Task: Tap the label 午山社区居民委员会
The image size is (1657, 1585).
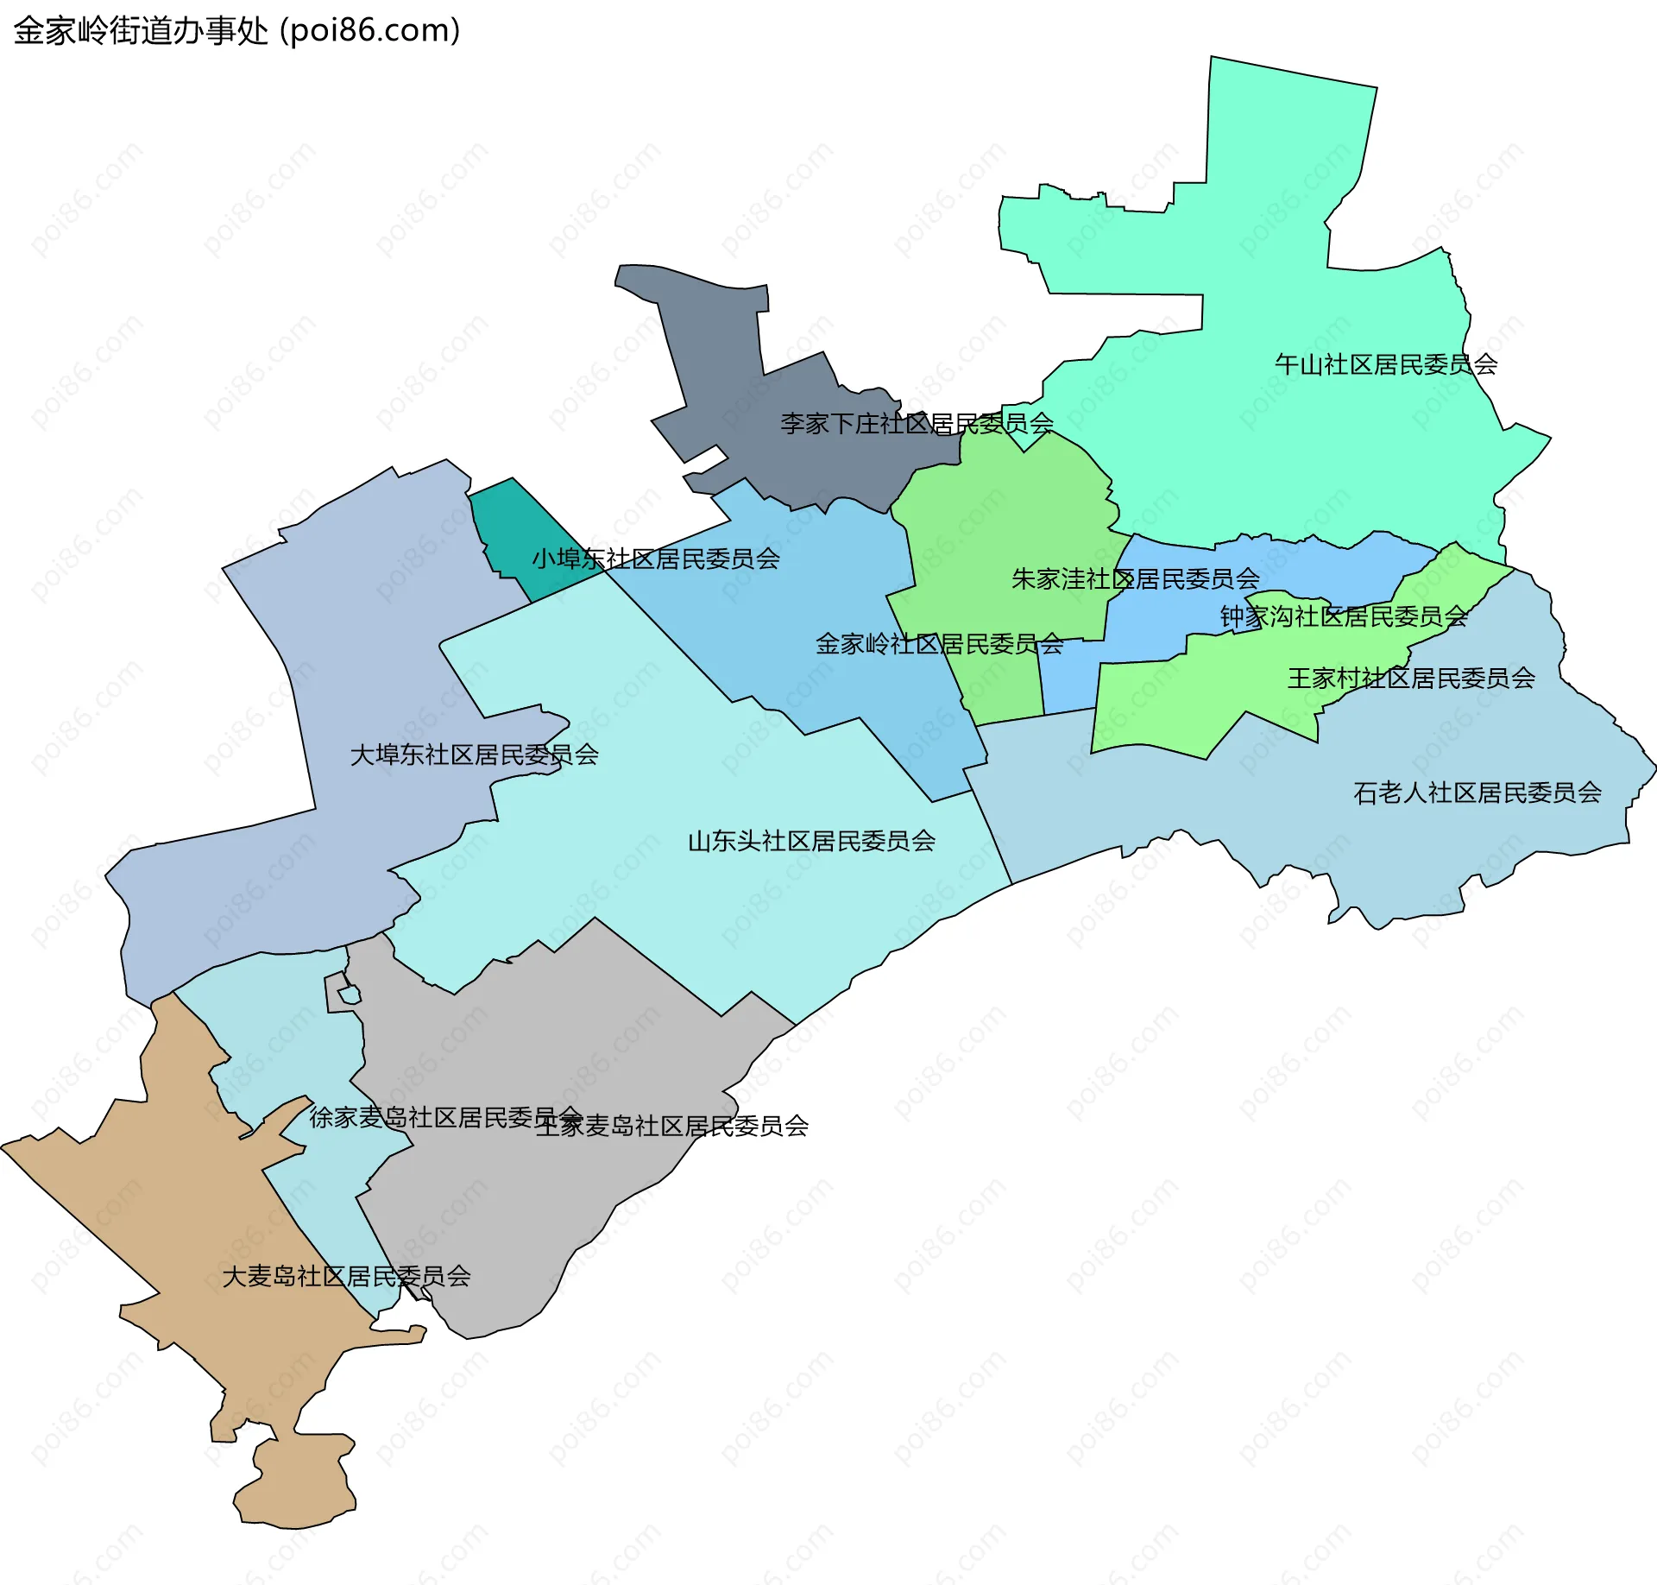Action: pos(1386,364)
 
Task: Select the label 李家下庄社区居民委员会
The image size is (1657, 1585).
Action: pos(917,424)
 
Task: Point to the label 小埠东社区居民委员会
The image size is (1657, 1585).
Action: pos(656,559)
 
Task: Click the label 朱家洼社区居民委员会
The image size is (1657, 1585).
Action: pos(1136,578)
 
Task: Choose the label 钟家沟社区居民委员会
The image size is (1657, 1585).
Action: pos(1344,616)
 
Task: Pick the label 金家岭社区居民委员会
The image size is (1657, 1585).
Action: pos(940,644)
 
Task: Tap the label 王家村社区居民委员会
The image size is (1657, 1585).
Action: pos(1411,679)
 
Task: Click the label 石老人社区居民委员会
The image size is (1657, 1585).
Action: pos(1477,792)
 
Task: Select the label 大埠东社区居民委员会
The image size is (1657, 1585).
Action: pos(474,755)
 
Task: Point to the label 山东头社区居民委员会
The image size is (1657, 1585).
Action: pos(811,841)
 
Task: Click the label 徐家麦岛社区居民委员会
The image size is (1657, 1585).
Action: pos(444,1118)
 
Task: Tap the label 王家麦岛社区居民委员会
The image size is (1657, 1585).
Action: pos(672,1127)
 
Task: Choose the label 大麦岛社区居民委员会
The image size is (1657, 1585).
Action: pos(346,1277)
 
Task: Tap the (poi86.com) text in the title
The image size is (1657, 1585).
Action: pos(370,31)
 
